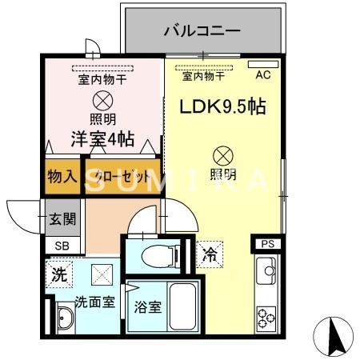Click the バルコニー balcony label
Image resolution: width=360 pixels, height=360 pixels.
pos(202,33)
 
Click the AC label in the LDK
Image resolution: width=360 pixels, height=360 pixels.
pos(262,77)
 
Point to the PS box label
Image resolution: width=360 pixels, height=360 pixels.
pos(266,244)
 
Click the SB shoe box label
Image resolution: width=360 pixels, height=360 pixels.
pos(61,246)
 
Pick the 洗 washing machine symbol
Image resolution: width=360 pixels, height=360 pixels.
pos(58,273)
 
